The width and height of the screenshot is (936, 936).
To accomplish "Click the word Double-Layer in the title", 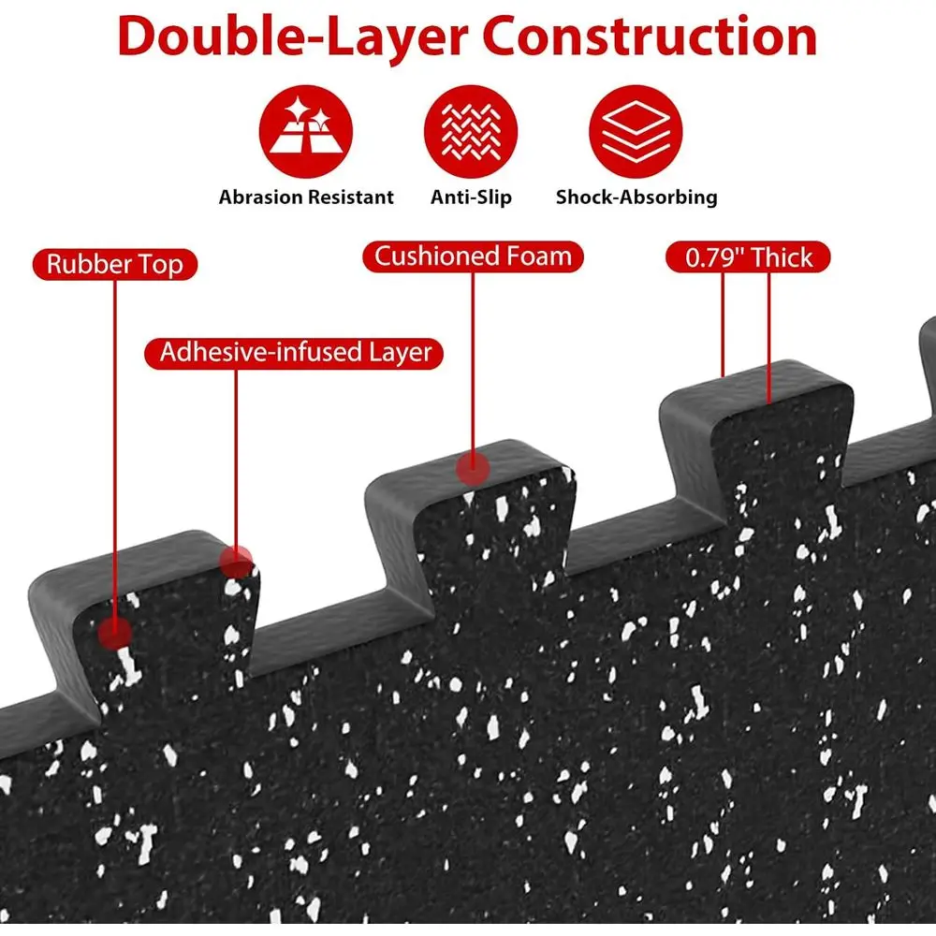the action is pyautogui.click(x=292, y=37).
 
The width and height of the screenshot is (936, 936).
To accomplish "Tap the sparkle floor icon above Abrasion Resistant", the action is pyautogui.click(x=306, y=131).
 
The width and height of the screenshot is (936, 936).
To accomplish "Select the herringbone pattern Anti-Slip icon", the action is pyautogui.click(x=471, y=131).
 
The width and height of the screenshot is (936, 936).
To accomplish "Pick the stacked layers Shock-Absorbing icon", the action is pyautogui.click(x=636, y=131).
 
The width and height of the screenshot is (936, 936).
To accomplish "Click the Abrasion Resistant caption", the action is pyautogui.click(x=306, y=197).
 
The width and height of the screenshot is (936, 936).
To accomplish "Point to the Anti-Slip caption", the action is pyautogui.click(x=471, y=197).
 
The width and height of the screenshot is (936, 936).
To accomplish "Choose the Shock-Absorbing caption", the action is pyautogui.click(x=636, y=197).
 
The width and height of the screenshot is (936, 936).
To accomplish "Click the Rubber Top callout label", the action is pyautogui.click(x=114, y=265).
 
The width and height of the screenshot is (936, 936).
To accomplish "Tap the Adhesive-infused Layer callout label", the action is pyautogui.click(x=294, y=353).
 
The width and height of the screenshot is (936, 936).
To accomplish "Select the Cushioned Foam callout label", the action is pyautogui.click(x=473, y=256).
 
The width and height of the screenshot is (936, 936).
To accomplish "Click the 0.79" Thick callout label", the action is pyautogui.click(x=748, y=257).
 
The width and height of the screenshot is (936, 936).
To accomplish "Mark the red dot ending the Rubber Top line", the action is pyautogui.click(x=114, y=632).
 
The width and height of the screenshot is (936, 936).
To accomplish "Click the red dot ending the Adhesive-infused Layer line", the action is pyautogui.click(x=236, y=561).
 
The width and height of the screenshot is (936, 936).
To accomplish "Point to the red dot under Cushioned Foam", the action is pyautogui.click(x=473, y=469).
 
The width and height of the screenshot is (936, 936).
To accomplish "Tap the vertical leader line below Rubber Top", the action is pyautogui.click(x=114, y=447).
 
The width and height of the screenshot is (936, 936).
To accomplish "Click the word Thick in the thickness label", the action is pyautogui.click(x=782, y=257).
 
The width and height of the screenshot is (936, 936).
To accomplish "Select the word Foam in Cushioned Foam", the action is pyautogui.click(x=539, y=256).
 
